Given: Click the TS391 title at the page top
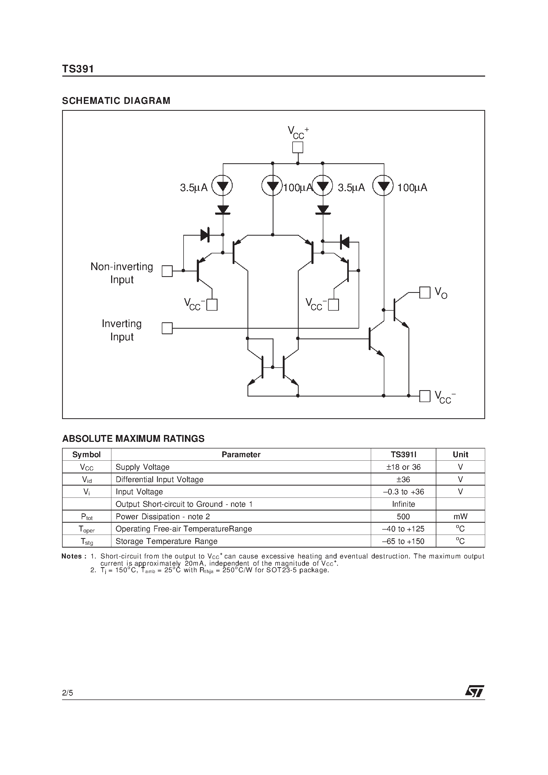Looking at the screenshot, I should [x=78, y=69].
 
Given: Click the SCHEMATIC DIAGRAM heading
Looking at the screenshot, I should [x=116, y=101].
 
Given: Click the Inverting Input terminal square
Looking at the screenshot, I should [x=167, y=328].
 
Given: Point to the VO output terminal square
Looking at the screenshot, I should [x=425, y=292].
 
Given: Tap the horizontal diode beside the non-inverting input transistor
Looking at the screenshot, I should [x=205, y=235].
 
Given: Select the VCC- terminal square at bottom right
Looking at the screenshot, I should [x=425, y=396].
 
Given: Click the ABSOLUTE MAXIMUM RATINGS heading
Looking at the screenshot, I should [x=133, y=438].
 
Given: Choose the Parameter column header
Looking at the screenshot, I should [x=241, y=455].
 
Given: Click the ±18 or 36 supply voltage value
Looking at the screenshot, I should [x=403, y=467].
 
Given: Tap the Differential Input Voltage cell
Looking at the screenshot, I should [x=159, y=479].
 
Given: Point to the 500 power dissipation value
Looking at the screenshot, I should [x=403, y=516].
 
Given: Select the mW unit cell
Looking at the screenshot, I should [x=460, y=516].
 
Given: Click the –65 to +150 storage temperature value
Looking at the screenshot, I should [x=403, y=541].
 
